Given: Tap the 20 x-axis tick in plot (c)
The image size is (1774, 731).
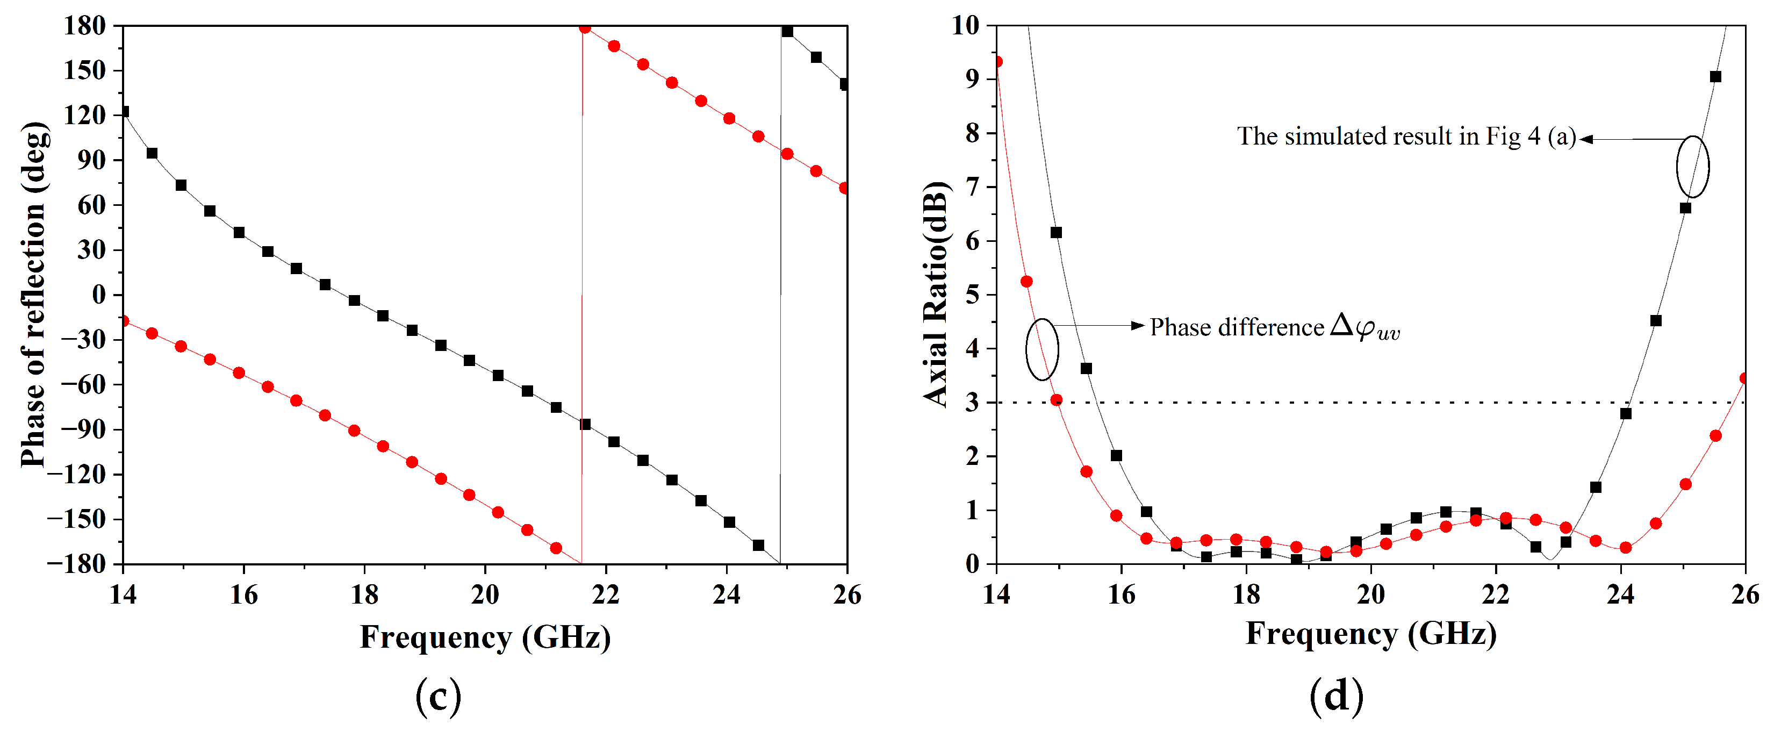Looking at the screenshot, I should pyautogui.click(x=484, y=594).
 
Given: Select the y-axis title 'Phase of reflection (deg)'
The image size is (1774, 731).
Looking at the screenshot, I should pyautogui.click(x=33, y=295).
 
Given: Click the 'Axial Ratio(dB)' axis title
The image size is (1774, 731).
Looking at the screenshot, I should pyautogui.click(x=936, y=295).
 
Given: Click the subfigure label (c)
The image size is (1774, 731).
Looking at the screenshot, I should pyautogui.click(x=438, y=697).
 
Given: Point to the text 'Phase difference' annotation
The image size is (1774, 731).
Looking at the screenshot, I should pyautogui.click(x=1237, y=327).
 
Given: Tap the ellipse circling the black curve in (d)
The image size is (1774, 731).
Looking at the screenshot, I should pyautogui.click(x=1693, y=167).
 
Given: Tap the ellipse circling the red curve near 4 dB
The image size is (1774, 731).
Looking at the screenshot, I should pyautogui.click(x=1042, y=349).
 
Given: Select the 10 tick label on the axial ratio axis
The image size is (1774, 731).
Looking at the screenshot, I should pyautogui.click(x=966, y=26).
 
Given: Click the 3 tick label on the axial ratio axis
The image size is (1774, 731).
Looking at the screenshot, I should pyautogui.click(x=972, y=403).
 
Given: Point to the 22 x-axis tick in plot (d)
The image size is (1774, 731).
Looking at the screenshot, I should pyautogui.click(x=1495, y=594).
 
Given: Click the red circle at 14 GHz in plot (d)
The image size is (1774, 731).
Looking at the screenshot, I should pyautogui.click(x=997, y=62).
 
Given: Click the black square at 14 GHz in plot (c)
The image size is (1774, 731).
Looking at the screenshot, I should pyautogui.click(x=124, y=112).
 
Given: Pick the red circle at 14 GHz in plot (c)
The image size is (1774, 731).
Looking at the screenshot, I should pyautogui.click(x=124, y=321).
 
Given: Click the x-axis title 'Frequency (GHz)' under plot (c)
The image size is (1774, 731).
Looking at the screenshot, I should pyautogui.click(x=485, y=637).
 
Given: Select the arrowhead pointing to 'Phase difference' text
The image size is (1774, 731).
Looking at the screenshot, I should pyautogui.click(x=1138, y=325).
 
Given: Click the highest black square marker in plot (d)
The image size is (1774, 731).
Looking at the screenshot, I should pyautogui.click(x=1715, y=76).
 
